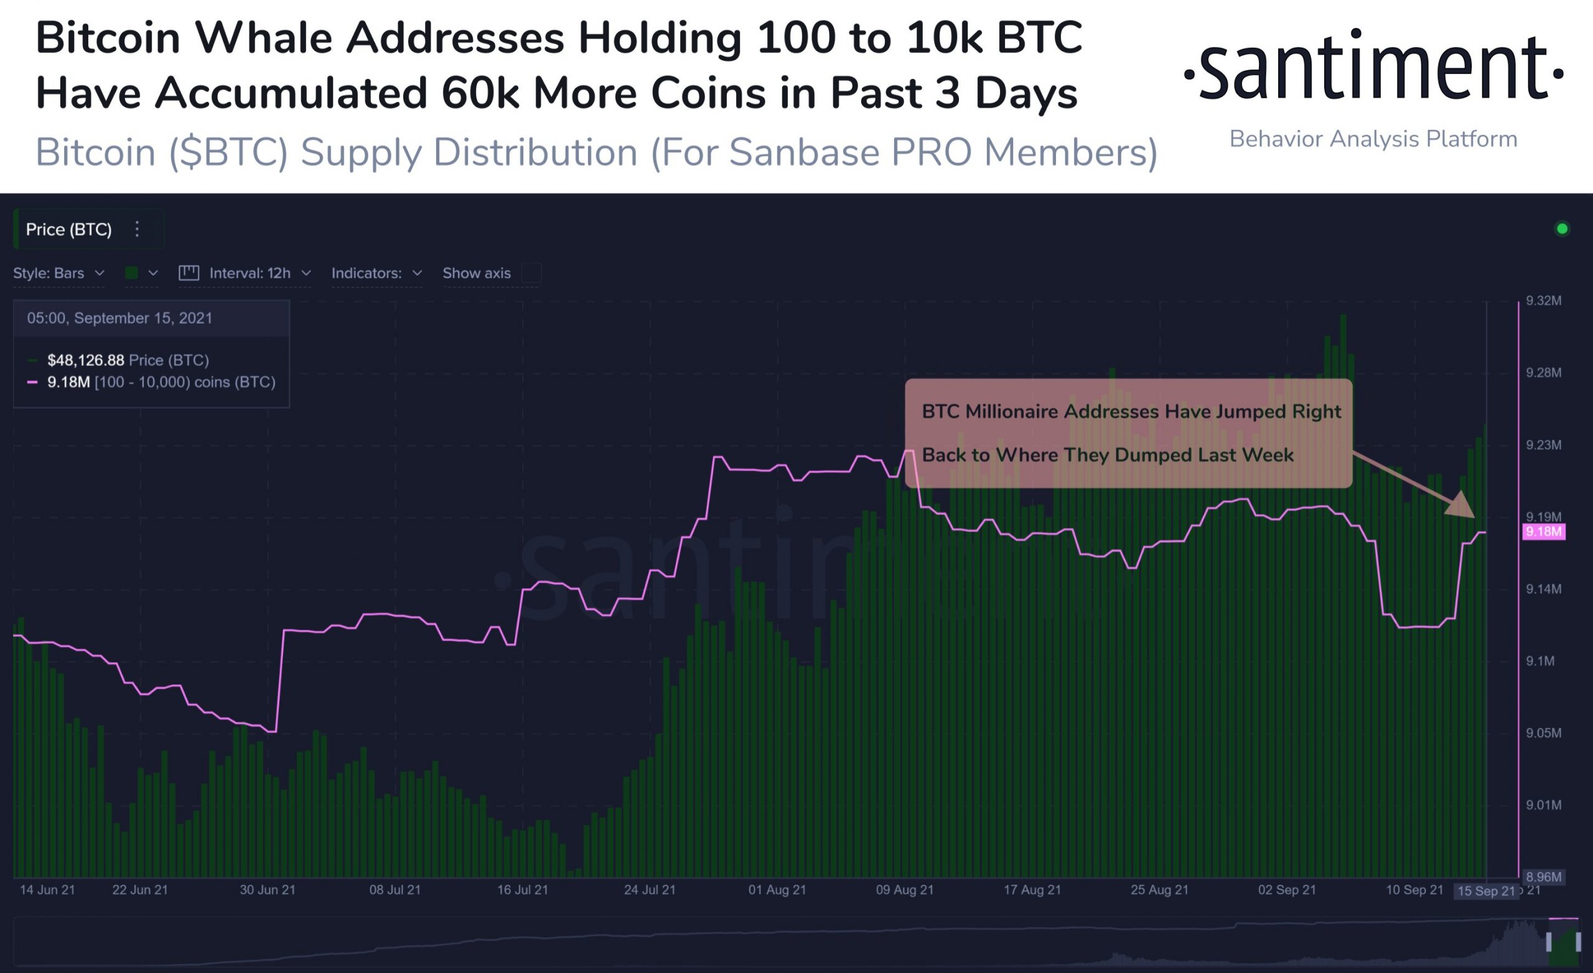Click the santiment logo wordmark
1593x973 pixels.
tap(1373, 68)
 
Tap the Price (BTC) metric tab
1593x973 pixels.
tap(68, 230)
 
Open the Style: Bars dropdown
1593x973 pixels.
tap(58, 274)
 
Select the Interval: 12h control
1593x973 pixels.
tap(250, 274)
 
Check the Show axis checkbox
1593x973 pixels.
tap(531, 274)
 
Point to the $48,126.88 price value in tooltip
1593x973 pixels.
tap(85, 360)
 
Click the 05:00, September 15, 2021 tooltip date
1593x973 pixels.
tap(119, 318)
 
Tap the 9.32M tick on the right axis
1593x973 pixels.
tap(1543, 300)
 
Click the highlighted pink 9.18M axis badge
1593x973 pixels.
tap(1544, 532)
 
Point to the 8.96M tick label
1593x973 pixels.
tap(1543, 877)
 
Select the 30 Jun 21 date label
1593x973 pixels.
tap(268, 890)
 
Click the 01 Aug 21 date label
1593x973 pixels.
tap(777, 890)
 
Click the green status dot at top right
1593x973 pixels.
tap(1562, 229)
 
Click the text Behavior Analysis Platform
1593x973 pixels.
tap(1373, 139)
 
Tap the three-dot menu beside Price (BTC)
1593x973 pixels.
tap(137, 230)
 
